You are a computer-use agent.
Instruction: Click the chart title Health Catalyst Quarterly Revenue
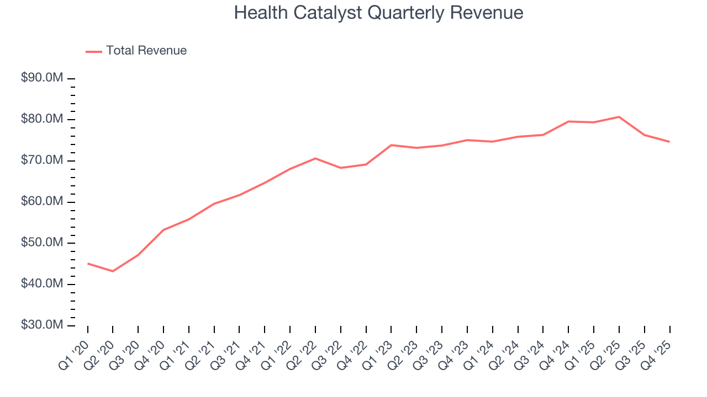tap(378, 13)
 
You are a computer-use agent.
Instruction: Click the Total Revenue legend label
tap(146, 51)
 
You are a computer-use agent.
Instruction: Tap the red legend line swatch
tap(94, 51)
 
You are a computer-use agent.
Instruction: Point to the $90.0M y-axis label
tap(42, 78)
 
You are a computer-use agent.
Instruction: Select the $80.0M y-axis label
tap(42, 120)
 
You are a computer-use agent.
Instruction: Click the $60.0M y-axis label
tap(42, 202)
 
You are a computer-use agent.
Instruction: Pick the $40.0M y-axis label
tap(42, 284)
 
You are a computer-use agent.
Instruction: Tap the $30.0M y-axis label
tap(42, 325)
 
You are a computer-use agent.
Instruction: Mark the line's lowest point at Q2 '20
tap(113, 271)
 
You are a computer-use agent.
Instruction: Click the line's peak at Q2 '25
tap(619, 117)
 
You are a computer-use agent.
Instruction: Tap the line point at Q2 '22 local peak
tap(315, 158)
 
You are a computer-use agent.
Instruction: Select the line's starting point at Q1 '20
tap(88, 264)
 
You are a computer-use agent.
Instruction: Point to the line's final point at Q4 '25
tap(669, 142)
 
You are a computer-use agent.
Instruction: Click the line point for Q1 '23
tap(391, 145)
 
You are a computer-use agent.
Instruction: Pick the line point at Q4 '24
tap(568, 121)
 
